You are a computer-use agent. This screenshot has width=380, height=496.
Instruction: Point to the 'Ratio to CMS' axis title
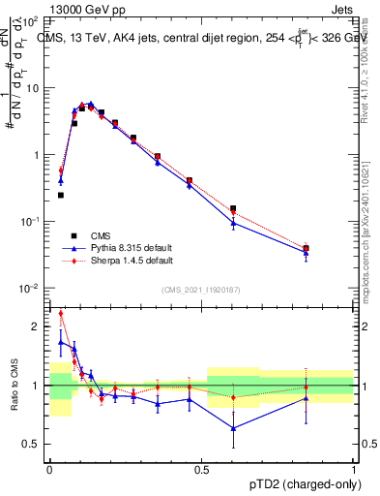[x=15, y=386]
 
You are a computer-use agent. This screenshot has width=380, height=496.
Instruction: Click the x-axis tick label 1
[x=354, y=469]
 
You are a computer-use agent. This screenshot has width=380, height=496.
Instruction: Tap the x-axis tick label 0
[x=48, y=469]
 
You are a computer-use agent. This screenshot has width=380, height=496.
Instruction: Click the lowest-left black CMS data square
[x=61, y=195]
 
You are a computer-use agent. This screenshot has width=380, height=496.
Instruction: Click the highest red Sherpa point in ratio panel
[x=61, y=313]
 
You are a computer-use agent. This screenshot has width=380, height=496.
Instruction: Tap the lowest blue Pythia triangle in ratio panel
[x=233, y=428]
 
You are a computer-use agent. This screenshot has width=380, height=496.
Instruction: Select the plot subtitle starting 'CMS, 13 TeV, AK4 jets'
[x=193, y=39]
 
